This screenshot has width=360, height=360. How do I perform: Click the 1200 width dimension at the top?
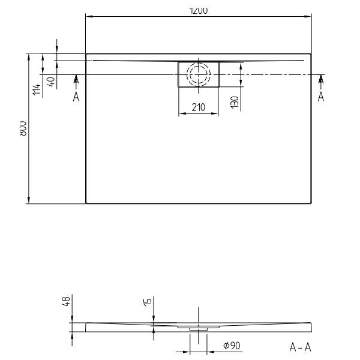click(198, 10)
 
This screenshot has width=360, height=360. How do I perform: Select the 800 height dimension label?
click(22, 128)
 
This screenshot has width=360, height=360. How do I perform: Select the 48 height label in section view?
click(67, 301)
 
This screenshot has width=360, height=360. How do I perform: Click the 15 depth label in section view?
click(148, 302)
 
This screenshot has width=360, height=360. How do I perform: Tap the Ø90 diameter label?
click(232, 346)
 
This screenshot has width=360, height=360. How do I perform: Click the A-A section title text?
click(300, 347)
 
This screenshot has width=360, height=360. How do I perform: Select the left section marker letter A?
click(76, 97)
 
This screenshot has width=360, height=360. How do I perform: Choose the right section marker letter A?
click(321, 97)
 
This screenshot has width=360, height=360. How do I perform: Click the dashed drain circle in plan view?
click(198, 75)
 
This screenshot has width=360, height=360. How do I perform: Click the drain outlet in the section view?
click(198, 329)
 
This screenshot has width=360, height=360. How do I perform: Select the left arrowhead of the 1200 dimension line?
click(89, 17)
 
